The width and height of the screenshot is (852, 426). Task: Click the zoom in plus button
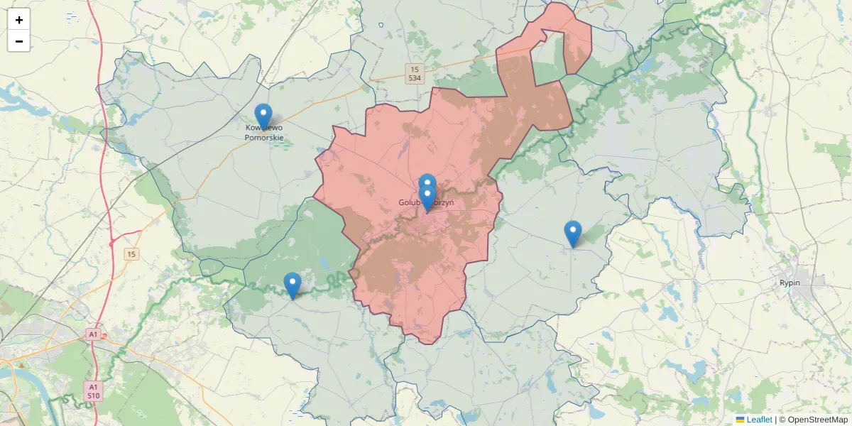tap(18, 20)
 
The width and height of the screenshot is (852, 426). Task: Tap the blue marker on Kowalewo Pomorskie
tap(263, 116)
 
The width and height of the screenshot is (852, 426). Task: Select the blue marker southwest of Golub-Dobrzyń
tap(292, 285)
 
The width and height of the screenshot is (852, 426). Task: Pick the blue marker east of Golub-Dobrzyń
tap(572, 234)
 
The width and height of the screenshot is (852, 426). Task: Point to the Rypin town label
tap(790, 283)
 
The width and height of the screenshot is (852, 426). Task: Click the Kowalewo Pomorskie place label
tap(264, 133)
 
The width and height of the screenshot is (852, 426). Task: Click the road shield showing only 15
tap(131, 253)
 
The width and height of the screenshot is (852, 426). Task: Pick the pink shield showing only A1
tap(93, 334)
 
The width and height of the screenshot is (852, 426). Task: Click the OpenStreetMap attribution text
tap(817, 420)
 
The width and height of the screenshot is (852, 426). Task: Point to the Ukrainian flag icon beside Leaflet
tap(740, 420)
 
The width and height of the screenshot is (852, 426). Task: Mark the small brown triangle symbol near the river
tap(21, 365)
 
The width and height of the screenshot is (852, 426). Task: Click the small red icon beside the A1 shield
tap(104, 335)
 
